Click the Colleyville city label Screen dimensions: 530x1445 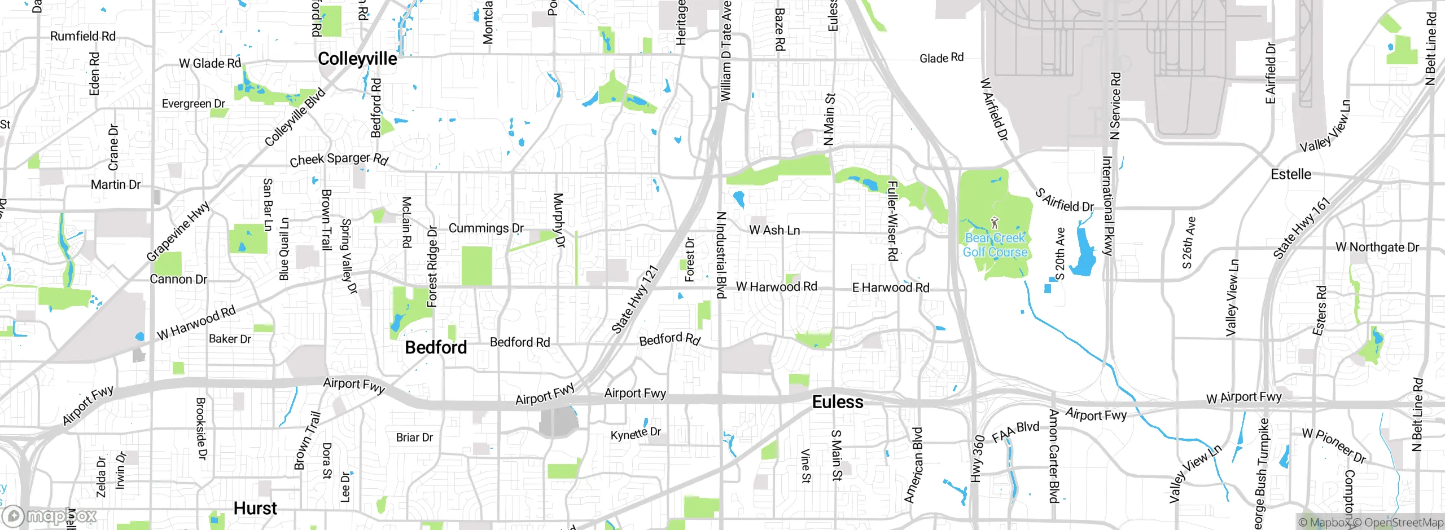[x=357, y=59]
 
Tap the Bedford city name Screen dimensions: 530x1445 [x=436, y=347]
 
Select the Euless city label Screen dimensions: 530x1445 [x=838, y=402]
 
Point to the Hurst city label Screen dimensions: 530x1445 [x=255, y=509]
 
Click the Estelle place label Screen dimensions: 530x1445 [x=1291, y=174]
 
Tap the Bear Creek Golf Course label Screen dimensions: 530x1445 [x=995, y=245]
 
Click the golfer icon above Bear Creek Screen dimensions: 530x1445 [x=995, y=223]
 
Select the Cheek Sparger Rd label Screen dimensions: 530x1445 [x=339, y=160]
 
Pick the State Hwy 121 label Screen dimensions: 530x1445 [x=636, y=299]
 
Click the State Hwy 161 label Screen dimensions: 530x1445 [x=1302, y=228]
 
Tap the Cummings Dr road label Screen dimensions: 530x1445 [x=486, y=228]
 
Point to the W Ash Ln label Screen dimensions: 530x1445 [x=774, y=230]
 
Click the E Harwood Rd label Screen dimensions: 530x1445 [x=890, y=288]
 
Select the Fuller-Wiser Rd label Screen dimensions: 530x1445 [x=892, y=221]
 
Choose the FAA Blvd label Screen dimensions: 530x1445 [x=1015, y=431]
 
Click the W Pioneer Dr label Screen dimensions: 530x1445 [x=1334, y=445]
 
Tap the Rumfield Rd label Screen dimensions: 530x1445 [x=83, y=36]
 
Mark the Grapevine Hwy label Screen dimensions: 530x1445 [x=178, y=231]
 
